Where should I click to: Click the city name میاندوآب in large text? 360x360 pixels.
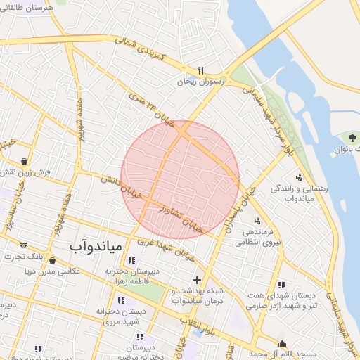click(97, 246)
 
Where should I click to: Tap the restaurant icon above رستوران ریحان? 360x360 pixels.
click(200, 70)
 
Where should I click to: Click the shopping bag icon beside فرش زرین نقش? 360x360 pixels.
click(25, 161)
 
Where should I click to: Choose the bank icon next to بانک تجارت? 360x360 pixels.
click(23, 245)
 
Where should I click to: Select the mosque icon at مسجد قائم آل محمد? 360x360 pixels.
click(283, 343)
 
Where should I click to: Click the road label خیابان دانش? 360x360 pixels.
click(116, 184)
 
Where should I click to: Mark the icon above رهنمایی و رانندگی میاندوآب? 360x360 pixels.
click(300, 177)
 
